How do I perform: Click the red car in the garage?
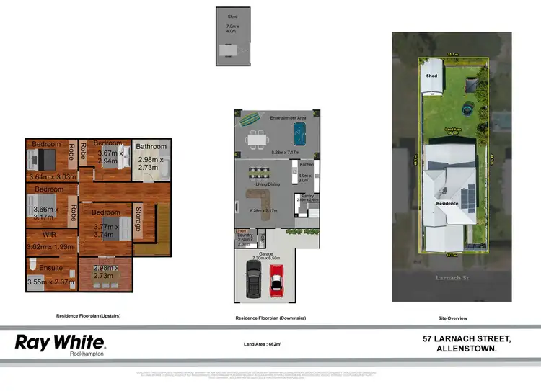[277, 280]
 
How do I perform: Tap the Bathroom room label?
[151, 147]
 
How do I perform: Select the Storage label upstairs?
[138, 223]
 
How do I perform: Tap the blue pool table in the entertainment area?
[299, 132]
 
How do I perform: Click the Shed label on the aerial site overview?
[431, 75]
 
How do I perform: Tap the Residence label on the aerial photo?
[448, 204]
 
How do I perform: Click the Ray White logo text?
[60, 341]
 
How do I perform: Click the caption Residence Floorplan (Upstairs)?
[88, 316]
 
